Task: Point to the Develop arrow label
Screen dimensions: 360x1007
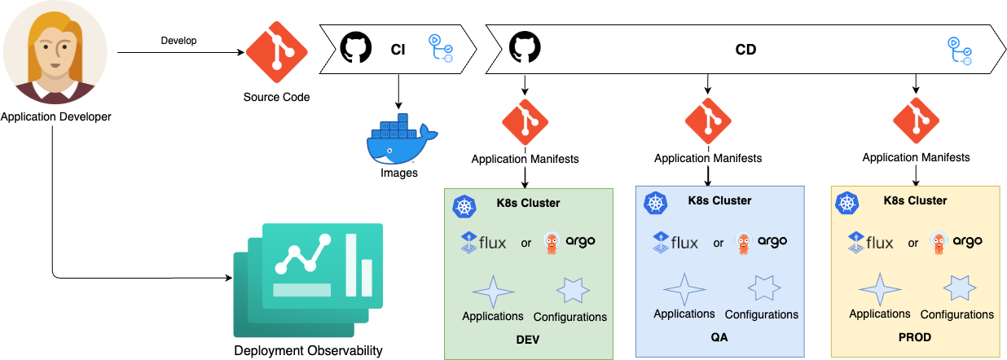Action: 179,41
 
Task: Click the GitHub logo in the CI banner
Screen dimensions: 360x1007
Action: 355,49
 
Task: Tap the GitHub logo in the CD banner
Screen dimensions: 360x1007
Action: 525,49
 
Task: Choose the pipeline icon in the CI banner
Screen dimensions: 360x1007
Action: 441,48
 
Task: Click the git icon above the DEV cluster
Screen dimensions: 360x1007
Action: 525,121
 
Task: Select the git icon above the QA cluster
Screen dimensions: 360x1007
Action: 707,121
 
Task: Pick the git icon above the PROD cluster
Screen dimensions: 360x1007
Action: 916,120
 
